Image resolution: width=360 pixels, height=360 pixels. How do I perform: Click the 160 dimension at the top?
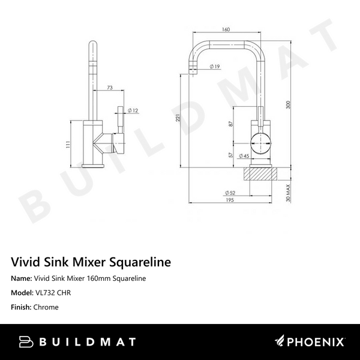pyautogui.click(x=226, y=28)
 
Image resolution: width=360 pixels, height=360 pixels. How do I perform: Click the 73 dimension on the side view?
pyautogui.click(x=109, y=88)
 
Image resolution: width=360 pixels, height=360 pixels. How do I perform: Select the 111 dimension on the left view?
pyautogui.click(x=68, y=145)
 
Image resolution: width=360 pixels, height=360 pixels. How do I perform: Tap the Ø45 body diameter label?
pyautogui.click(x=244, y=156)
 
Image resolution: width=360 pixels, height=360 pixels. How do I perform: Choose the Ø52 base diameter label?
pyautogui.click(x=229, y=192)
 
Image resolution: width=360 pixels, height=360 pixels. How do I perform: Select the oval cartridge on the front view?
pyautogui.click(x=260, y=143)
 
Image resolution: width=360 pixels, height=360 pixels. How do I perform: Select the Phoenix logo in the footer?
pyautogui.click(x=310, y=342)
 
